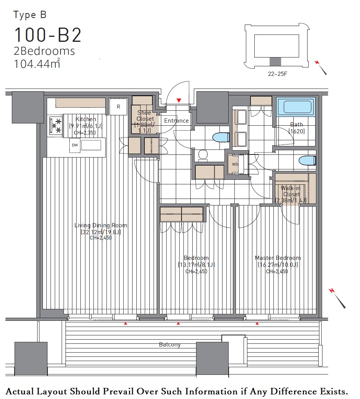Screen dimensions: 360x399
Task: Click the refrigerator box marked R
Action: tap(118, 107)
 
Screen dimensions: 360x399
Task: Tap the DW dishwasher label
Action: tap(75, 145)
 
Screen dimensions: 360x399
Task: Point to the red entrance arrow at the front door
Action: tap(179, 100)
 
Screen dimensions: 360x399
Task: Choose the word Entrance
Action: tap(177, 121)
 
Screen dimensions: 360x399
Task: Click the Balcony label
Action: tap(170, 345)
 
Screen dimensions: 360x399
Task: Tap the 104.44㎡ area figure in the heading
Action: tap(37, 64)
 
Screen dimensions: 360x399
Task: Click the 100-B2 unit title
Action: tap(48, 35)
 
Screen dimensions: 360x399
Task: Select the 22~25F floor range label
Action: tap(278, 74)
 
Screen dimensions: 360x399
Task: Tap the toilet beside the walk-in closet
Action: tap(307, 161)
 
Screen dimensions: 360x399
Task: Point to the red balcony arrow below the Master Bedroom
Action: tap(257, 323)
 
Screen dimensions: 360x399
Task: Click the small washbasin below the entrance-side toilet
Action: tap(203, 155)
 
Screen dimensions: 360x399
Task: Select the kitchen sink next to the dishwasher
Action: tap(91, 145)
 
